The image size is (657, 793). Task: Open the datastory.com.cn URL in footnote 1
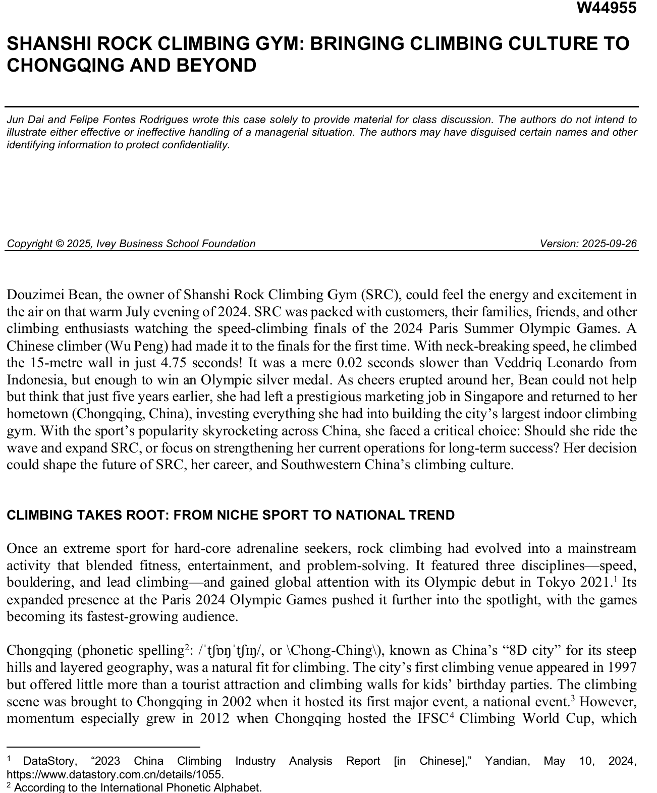(115, 774)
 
